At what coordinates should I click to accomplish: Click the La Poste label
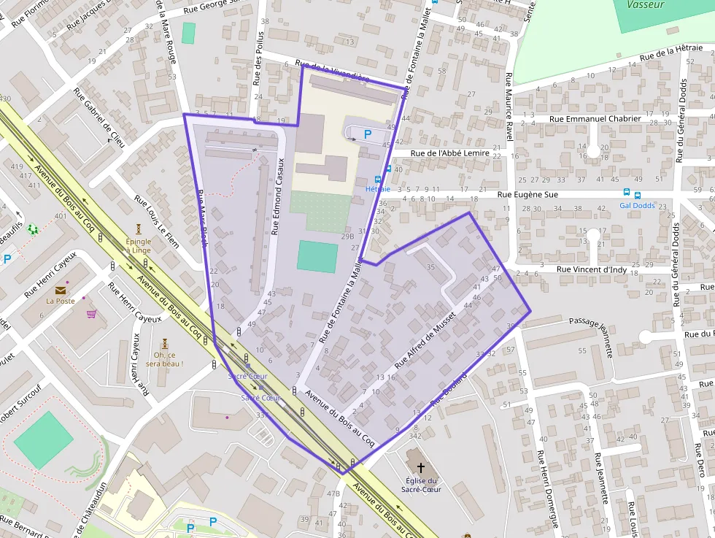(x=61, y=300)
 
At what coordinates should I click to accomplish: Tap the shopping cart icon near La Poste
(x=91, y=314)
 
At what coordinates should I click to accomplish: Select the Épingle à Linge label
(x=139, y=245)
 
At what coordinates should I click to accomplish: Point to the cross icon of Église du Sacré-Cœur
(x=420, y=466)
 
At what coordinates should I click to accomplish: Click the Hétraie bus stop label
(x=378, y=189)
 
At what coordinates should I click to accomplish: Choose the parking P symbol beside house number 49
(x=368, y=134)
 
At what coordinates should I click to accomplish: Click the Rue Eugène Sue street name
(x=527, y=195)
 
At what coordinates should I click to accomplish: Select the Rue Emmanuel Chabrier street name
(x=595, y=118)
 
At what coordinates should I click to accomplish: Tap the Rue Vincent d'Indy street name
(x=593, y=269)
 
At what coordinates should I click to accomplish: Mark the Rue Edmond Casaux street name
(x=278, y=197)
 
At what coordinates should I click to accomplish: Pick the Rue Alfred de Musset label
(x=425, y=339)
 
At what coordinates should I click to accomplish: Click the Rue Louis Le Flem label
(x=157, y=221)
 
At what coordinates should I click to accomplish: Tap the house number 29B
(x=347, y=236)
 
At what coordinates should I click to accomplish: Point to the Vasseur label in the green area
(x=646, y=4)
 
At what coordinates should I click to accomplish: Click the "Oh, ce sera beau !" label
(x=164, y=359)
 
